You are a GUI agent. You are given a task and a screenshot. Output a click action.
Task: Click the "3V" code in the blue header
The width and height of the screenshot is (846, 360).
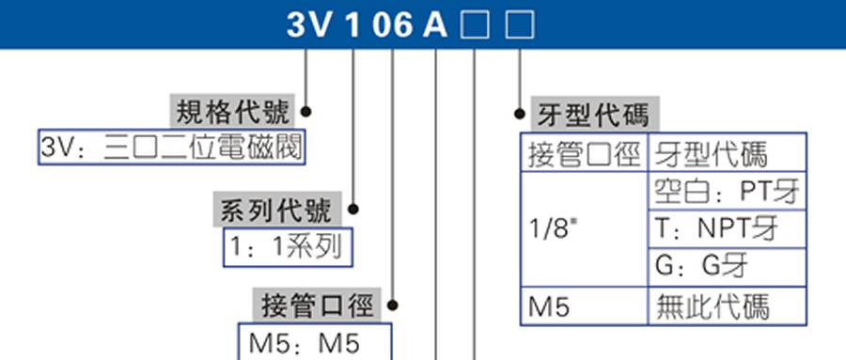tap(310, 24)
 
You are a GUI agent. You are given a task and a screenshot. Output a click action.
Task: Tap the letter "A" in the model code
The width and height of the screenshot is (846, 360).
tap(434, 24)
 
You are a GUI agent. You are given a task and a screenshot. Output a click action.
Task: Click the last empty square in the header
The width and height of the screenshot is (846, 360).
tap(519, 24)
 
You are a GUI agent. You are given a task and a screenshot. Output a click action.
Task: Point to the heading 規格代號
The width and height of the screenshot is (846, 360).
tap(231, 110)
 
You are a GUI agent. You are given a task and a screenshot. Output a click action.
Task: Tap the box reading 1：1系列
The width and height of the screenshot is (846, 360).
tap(287, 248)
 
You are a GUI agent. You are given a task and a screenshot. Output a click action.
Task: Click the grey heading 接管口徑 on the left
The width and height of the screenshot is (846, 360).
tap(319, 305)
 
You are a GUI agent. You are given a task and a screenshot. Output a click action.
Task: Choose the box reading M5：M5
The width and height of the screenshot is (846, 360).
tap(310, 343)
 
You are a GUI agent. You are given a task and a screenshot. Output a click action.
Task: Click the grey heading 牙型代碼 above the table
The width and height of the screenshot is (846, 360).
tap(592, 115)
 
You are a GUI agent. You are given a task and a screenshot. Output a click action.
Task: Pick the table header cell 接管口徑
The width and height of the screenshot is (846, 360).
tap(584, 153)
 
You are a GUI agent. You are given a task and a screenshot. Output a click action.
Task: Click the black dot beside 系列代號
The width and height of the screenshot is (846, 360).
tap(353, 211)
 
